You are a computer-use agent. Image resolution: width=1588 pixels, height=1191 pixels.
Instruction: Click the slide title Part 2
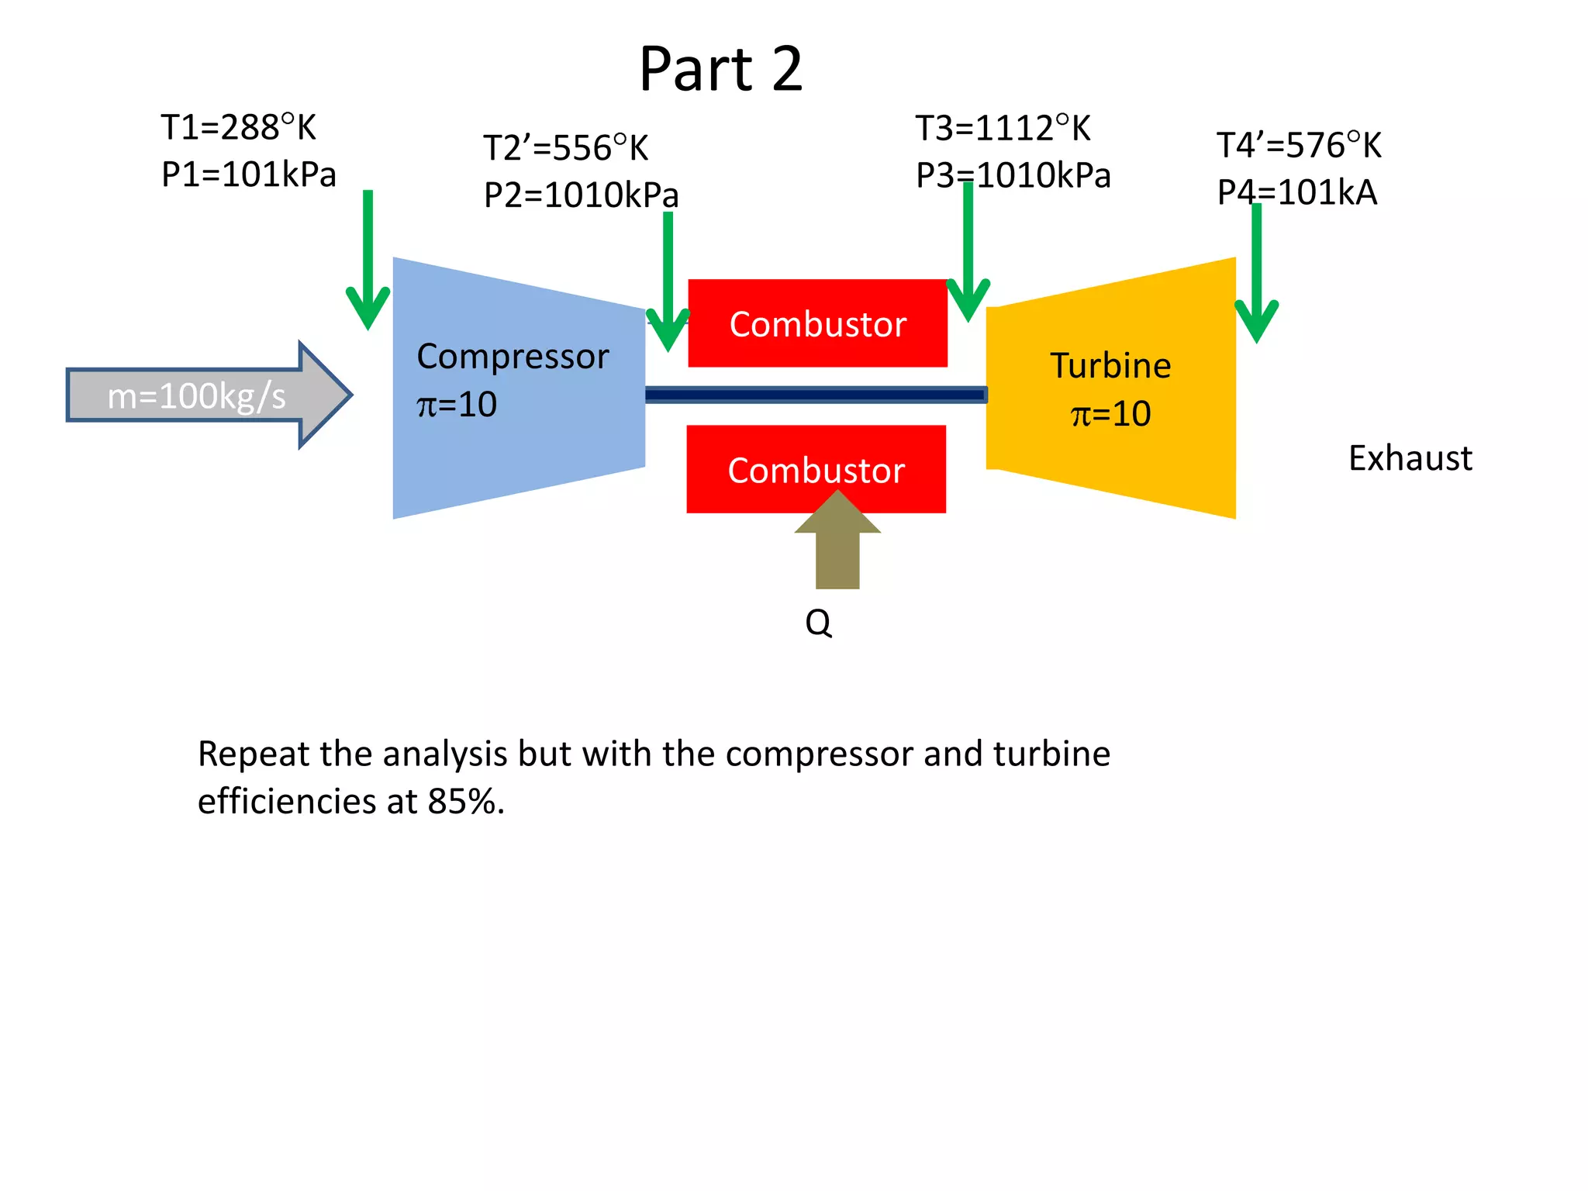coord(720,70)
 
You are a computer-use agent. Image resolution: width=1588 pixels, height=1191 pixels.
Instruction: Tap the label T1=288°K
coord(238,128)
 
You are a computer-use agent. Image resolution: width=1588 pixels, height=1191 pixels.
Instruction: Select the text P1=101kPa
coord(248,174)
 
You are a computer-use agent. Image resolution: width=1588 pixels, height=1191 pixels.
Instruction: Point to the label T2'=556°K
coord(565,148)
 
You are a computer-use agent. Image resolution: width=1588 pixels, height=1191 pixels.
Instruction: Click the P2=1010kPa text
coord(580,195)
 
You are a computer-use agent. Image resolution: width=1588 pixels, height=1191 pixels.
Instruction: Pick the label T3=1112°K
coord(1003,129)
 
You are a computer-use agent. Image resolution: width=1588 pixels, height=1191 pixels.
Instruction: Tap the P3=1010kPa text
coord(1013,175)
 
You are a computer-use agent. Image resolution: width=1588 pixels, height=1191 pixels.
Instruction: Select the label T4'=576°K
coord(1299,146)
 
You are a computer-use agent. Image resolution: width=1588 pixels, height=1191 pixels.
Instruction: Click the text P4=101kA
coord(1296,192)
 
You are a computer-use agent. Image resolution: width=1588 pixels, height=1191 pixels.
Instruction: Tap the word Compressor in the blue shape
coord(513,357)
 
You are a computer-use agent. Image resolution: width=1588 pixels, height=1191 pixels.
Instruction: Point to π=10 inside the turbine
coord(1110,414)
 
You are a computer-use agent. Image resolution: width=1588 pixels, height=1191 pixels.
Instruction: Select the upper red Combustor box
coord(817,323)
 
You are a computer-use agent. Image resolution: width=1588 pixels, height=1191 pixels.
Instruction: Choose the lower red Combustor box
coord(816,470)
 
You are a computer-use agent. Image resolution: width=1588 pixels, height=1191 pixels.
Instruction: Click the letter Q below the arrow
coord(818,623)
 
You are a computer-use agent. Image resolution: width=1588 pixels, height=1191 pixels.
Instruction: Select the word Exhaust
coord(1410,458)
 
